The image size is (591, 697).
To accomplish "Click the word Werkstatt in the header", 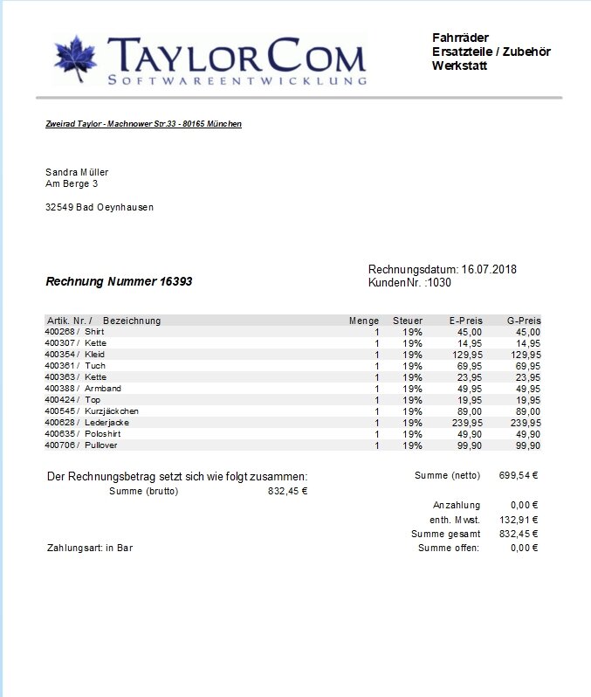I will pyautogui.click(x=459, y=66).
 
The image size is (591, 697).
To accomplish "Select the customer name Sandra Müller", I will pyautogui.click(x=77, y=172).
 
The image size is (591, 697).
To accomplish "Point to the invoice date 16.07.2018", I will pyautogui.click(x=489, y=269).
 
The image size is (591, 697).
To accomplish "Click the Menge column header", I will pyautogui.click(x=364, y=321).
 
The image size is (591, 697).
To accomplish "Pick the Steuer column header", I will pyautogui.click(x=408, y=321).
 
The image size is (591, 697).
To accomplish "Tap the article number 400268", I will pyautogui.click(x=59, y=332).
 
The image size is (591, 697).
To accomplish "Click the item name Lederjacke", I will pyautogui.click(x=107, y=423).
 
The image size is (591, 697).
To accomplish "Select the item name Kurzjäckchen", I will pyautogui.click(x=112, y=411).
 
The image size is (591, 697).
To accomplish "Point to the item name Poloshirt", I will pyautogui.click(x=103, y=434).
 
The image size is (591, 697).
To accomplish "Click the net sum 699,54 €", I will pyautogui.click(x=519, y=476).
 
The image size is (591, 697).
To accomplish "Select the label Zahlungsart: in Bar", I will pyautogui.click(x=89, y=549).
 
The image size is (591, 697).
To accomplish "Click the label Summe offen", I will pyautogui.click(x=449, y=549).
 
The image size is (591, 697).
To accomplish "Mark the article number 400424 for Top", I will pyautogui.click(x=59, y=400).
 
